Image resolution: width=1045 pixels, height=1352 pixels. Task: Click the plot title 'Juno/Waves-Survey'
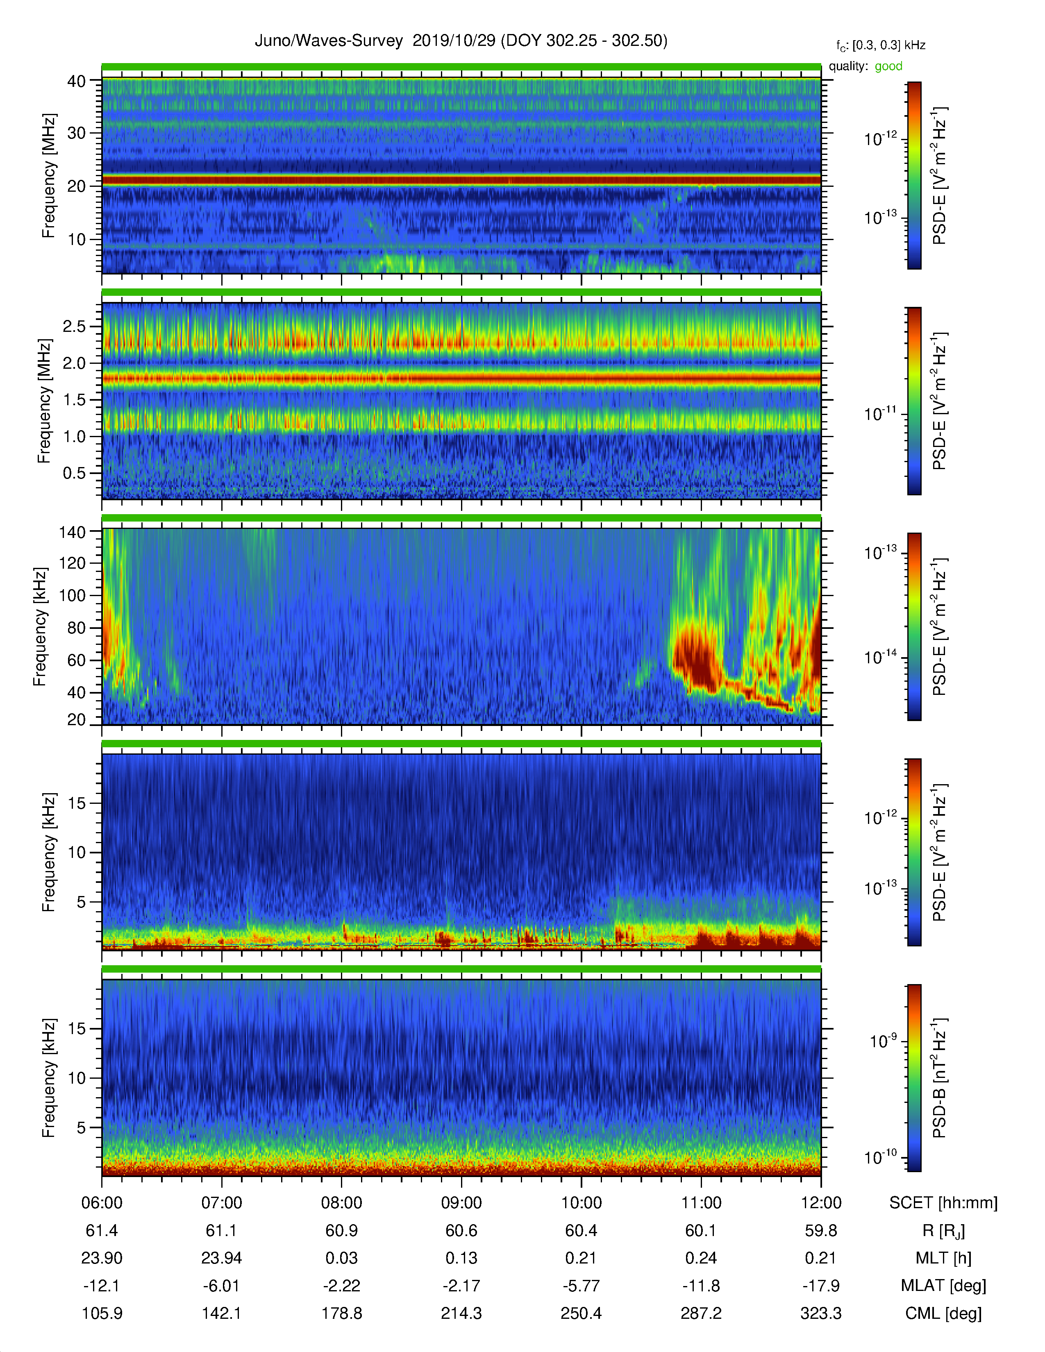[x=329, y=41]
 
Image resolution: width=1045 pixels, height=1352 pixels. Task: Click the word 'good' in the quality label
[x=888, y=66]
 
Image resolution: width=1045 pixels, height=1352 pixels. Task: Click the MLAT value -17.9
[x=821, y=1286]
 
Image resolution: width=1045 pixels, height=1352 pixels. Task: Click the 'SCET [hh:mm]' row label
[x=943, y=1203]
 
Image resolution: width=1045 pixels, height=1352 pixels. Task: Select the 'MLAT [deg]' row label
[x=943, y=1286]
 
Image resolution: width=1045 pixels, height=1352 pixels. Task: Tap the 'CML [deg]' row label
[x=943, y=1313]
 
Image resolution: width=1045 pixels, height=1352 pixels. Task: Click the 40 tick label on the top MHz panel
[x=76, y=81]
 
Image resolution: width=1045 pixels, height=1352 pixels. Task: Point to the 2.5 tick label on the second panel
[x=74, y=326]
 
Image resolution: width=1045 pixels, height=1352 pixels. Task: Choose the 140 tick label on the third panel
[x=72, y=531]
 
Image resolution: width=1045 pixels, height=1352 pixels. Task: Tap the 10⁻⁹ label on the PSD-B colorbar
[x=884, y=1041]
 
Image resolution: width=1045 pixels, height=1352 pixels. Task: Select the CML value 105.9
[x=102, y=1313]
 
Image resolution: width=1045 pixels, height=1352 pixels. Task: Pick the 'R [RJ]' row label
[x=943, y=1231]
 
